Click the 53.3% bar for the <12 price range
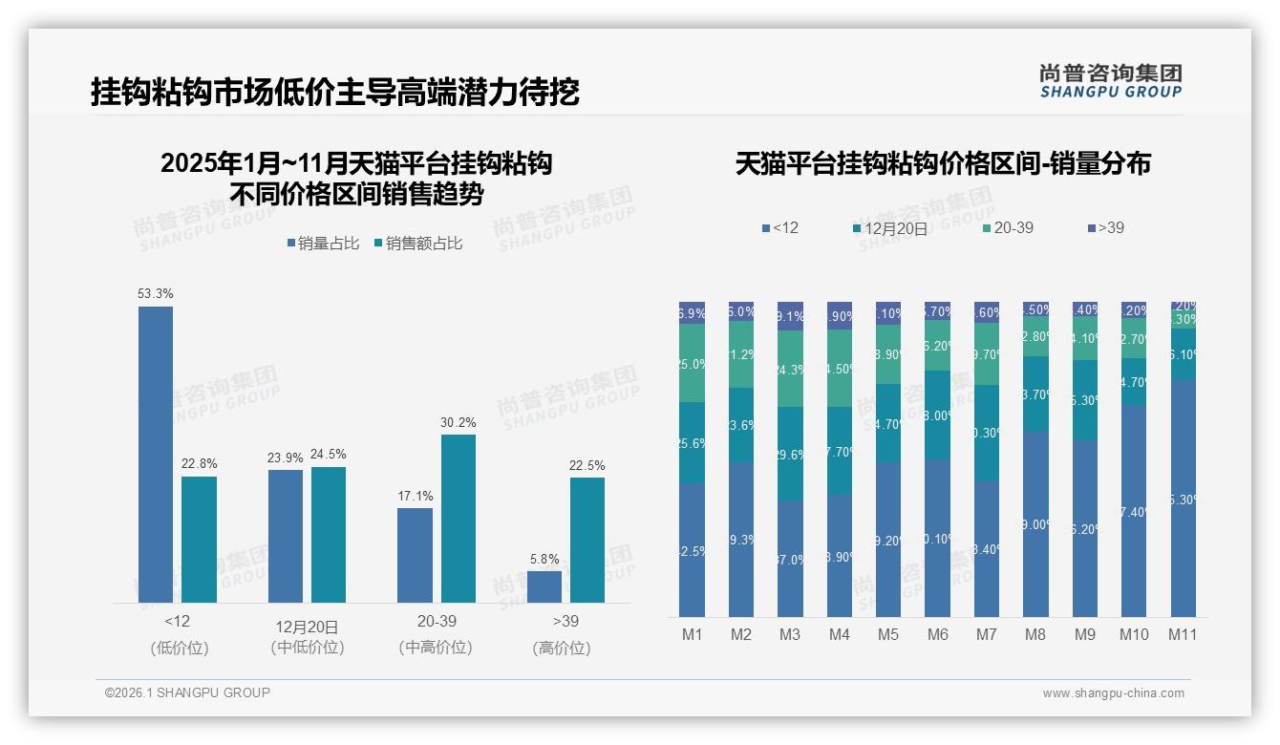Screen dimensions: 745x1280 point(156,454)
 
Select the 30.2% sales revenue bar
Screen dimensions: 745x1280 point(458,519)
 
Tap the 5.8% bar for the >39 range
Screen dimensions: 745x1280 point(544,586)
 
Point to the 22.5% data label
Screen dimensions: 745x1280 point(587,466)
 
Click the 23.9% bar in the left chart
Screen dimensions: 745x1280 point(285,536)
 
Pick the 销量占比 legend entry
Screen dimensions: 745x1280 point(323,244)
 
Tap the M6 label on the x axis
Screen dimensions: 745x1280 point(937,634)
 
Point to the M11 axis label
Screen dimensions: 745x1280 point(1183,634)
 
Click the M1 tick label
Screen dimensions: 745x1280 point(692,634)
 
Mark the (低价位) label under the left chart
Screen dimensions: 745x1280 point(179,648)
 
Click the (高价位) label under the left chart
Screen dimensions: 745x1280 point(562,648)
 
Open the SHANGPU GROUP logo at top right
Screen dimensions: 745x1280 point(1110,81)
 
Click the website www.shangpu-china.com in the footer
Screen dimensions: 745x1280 point(1113,693)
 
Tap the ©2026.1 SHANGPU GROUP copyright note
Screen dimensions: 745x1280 point(187,692)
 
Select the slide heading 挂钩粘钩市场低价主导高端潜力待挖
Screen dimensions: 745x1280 point(335,93)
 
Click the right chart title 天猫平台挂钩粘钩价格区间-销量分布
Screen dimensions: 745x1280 point(943,163)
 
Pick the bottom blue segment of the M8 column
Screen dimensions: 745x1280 point(1035,523)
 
